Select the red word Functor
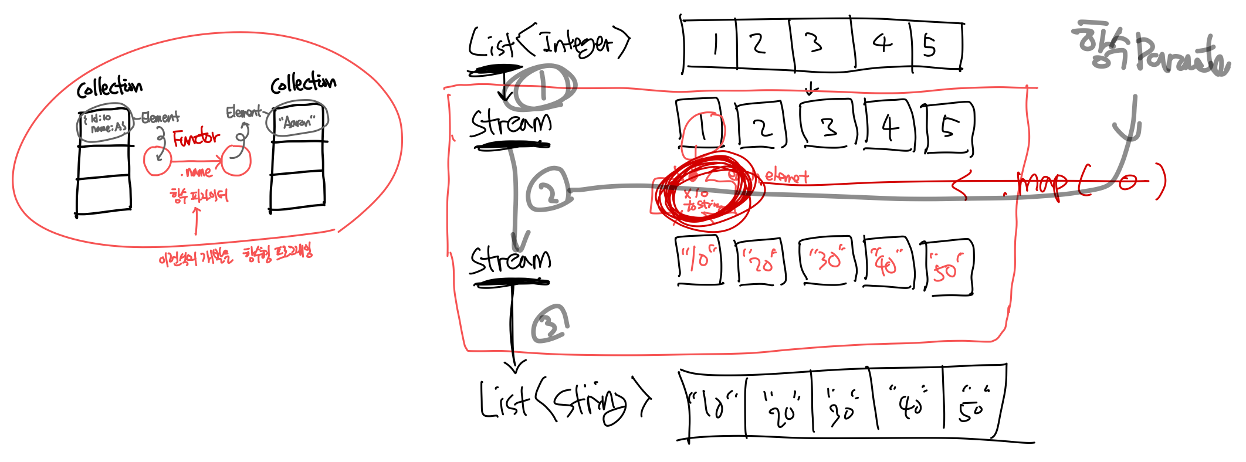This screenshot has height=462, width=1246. [196, 138]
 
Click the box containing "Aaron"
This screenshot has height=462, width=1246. [297, 121]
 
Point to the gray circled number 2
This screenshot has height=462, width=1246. [548, 191]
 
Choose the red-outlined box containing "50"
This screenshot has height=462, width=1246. [947, 267]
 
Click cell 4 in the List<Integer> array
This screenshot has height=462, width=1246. [882, 44]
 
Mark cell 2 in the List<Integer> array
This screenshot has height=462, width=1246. [761, 45]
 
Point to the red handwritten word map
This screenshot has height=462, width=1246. [1042, 184]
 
